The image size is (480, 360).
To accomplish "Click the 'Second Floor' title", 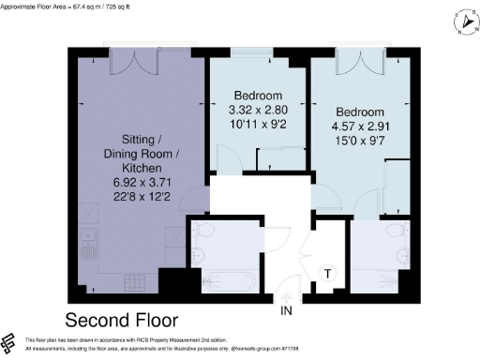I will click(123, 319).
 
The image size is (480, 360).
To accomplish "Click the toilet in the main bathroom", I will click(207, 231).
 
